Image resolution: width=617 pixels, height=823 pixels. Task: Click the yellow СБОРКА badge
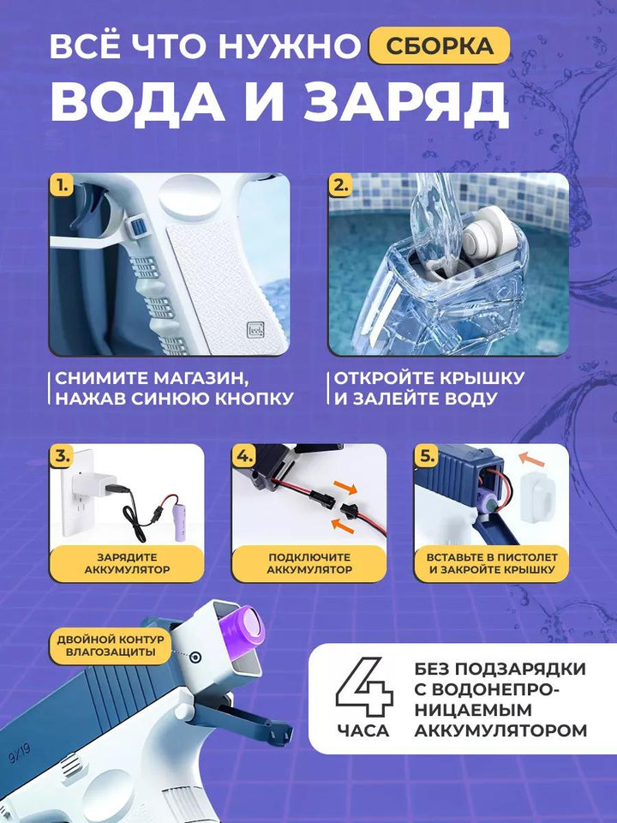439,45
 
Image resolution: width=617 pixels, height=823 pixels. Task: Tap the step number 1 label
63,185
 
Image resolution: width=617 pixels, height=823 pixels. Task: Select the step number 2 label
341,185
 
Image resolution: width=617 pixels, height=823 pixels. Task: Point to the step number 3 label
62,456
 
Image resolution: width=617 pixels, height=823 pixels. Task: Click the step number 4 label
244,456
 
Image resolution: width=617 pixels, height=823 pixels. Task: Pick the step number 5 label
427,456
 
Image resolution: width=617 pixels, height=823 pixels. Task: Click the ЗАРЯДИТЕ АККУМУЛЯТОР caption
127,563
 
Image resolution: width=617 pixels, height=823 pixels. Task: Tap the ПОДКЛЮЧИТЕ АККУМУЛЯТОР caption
309,563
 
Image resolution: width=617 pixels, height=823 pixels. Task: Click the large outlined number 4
364,687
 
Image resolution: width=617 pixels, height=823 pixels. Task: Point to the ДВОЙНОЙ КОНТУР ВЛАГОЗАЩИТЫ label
111,646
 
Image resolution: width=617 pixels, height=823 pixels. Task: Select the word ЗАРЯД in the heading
406,103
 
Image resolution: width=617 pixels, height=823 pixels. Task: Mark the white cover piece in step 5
536,496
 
